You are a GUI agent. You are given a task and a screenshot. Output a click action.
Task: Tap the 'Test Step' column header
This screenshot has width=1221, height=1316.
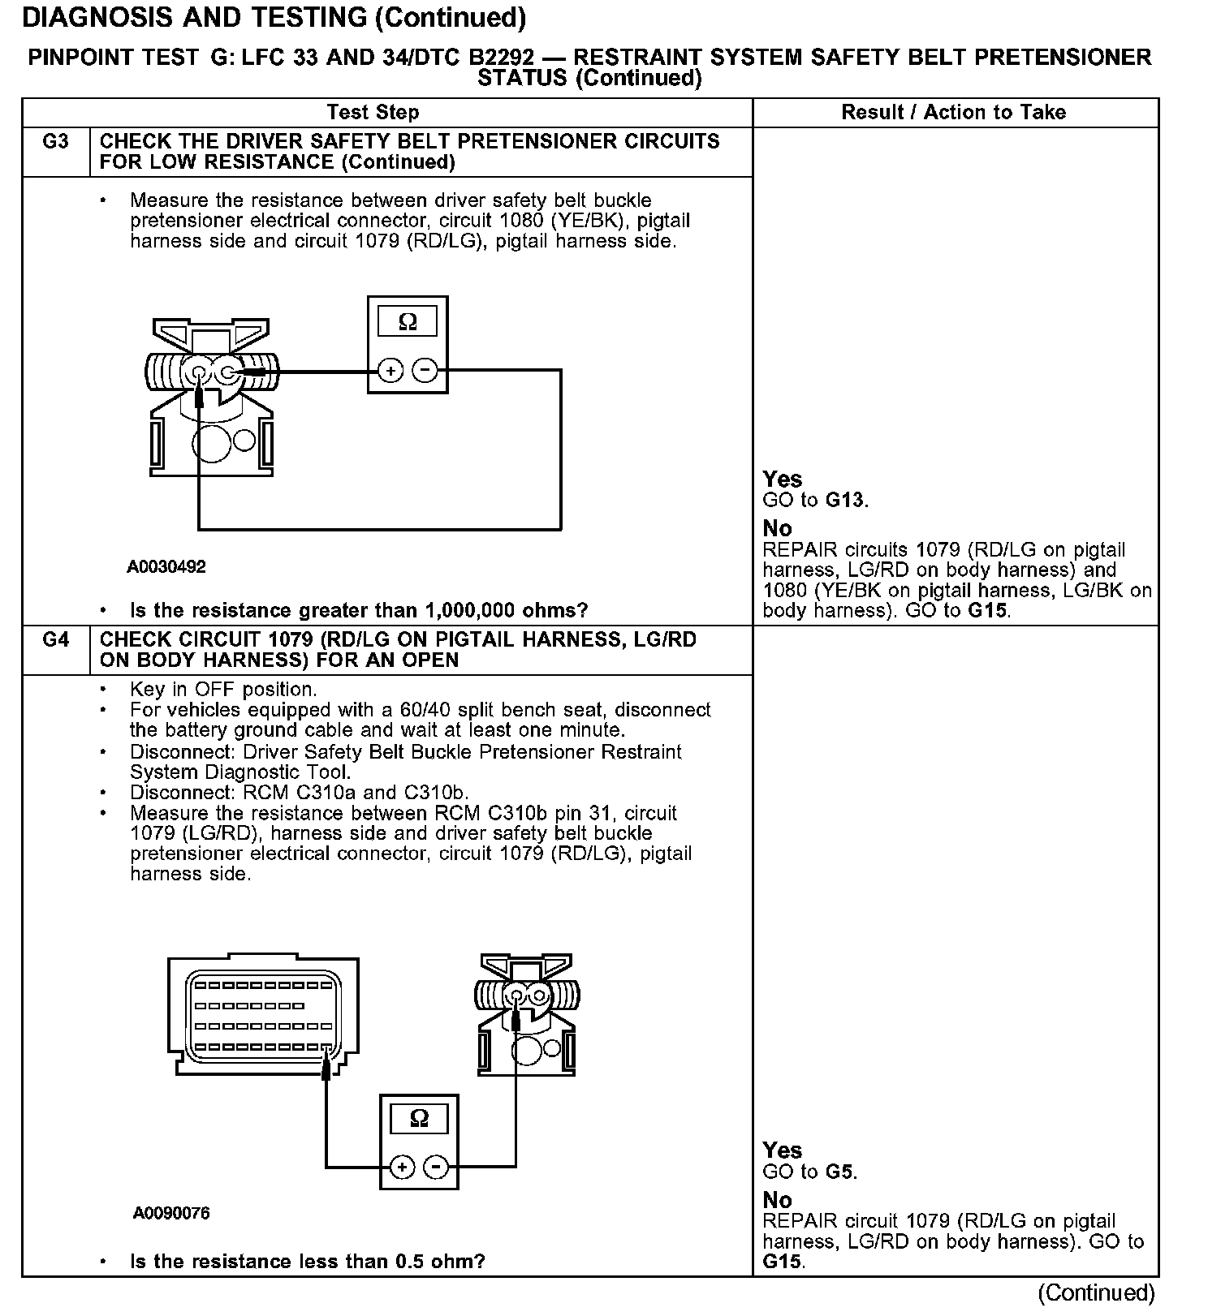pos(373,113)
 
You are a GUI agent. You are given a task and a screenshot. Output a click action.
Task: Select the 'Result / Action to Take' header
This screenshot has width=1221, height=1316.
pos(953,113)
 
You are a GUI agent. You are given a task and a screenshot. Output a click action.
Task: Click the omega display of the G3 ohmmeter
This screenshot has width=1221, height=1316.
pos(408,322)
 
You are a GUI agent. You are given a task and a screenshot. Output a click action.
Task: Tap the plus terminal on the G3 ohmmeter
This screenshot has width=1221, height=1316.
pos(390,371)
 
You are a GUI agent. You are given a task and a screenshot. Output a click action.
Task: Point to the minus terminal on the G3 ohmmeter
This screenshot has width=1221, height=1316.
pos(425,371)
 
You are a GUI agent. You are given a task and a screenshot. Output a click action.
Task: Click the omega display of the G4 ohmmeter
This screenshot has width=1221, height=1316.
pos(419,1119)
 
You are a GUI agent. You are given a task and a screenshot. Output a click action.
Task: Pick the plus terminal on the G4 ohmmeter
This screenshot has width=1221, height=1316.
pos(402,1168)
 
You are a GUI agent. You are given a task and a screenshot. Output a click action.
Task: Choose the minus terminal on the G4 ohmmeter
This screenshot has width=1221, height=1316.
pos(437,1168)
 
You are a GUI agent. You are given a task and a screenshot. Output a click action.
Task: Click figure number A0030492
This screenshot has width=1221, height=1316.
pos(166,567)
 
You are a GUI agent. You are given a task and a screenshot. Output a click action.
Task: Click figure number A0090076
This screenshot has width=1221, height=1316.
pos(171,1214)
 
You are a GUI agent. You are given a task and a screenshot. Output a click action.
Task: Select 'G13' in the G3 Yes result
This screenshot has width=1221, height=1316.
pos(845,500)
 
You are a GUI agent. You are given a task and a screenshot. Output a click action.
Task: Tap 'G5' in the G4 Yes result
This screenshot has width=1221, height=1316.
pos(839,1172)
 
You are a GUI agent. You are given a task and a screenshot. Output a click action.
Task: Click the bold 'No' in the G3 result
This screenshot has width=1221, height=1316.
pos(777,529)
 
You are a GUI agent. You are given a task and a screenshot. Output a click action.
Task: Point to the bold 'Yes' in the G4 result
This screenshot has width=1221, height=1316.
pos(782,1150)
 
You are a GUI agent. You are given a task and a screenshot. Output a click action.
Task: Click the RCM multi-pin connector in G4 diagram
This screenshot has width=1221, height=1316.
pos(263,1016)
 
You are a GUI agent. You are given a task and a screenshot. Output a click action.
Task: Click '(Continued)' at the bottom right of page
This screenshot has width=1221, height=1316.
pos(1096,1292)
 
